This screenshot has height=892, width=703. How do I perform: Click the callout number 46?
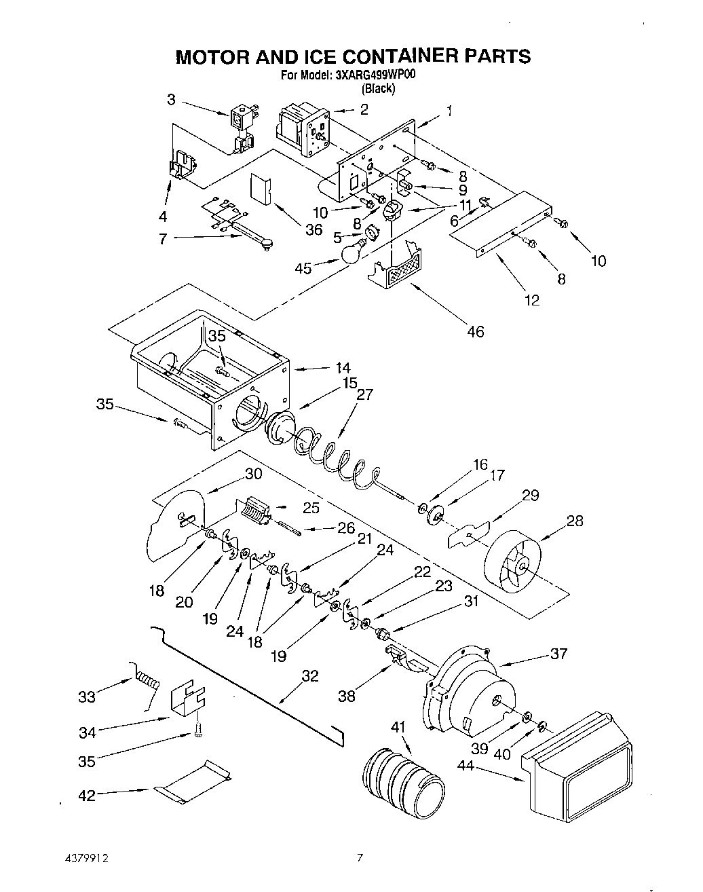476,331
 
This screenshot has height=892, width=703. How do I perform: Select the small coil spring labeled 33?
148,677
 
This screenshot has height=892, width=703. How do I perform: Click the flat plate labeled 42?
193,785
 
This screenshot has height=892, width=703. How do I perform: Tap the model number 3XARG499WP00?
371,76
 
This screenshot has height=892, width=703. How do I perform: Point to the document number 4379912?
87,858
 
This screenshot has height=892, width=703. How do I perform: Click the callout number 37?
558,654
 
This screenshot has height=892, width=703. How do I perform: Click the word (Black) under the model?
377,88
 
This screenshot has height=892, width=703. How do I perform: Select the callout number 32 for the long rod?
309,675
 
